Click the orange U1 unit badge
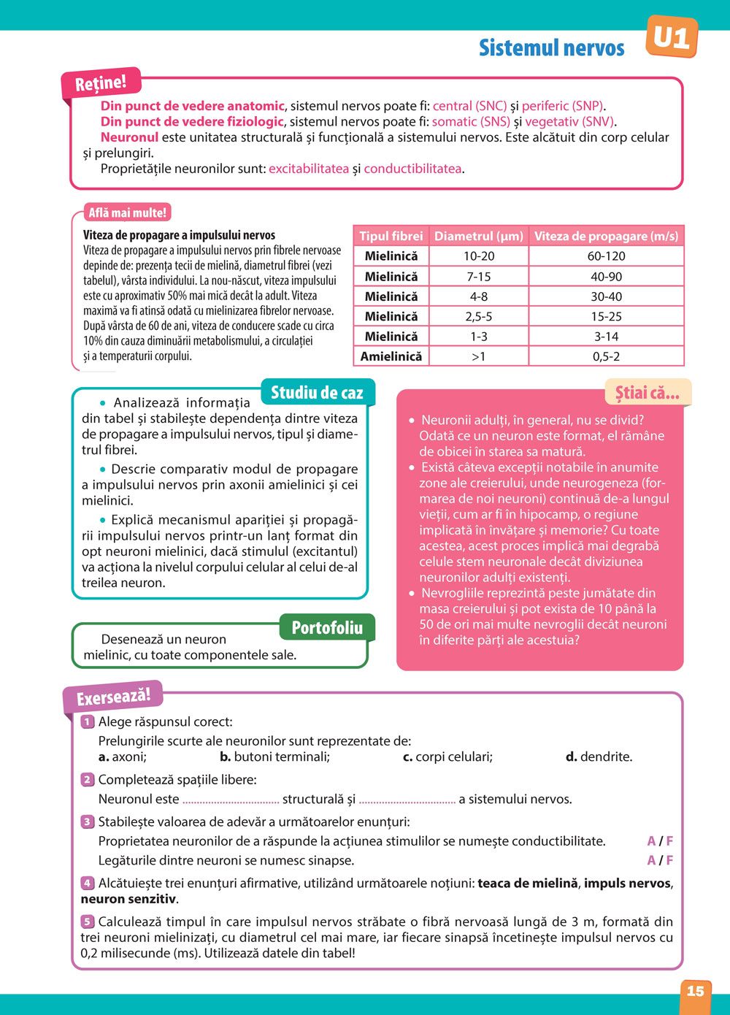pos(672,37)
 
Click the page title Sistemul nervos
pos(551,48)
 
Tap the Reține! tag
pos(101,83)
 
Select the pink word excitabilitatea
pos(309,169)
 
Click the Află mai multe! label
pos(128,212)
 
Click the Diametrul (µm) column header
pos(478,236)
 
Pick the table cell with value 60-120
pos(606,256)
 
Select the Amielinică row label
pos(391,356)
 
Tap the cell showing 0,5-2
pos(606,356)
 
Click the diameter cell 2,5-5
pos(478,316)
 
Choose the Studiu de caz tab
pos(317,393)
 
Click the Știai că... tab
pos(647,393)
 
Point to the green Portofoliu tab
pos(327,628)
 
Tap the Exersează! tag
pos(113,697)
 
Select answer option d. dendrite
pos(599,757)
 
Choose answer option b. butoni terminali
pos(274,757)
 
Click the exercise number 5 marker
pos(88,922)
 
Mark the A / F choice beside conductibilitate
pos(660,841)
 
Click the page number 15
pos(695,991)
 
